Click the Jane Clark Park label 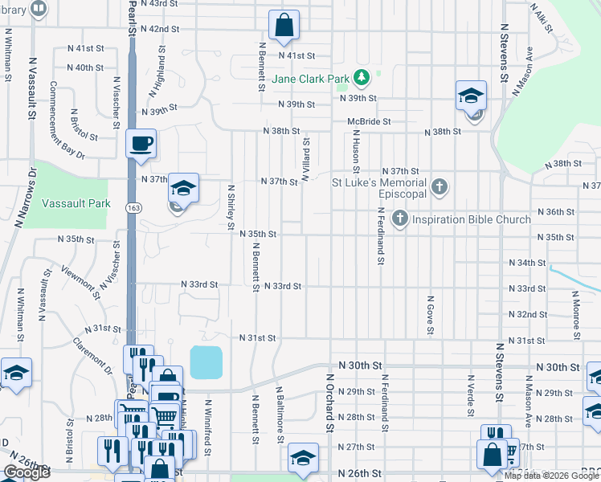310,79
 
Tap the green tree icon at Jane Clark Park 362,78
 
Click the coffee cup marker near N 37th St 141,144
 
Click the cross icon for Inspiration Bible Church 399,219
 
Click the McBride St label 369,121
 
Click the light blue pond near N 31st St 206,362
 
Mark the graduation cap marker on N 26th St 303,458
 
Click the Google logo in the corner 26,472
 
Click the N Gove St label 431,314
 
